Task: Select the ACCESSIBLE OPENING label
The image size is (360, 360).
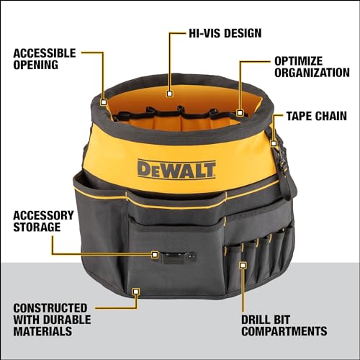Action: tap(45, 59)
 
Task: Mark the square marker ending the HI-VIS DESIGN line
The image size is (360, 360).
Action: tap(169, 92)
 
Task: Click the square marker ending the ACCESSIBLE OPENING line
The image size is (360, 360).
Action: tap(104, 102)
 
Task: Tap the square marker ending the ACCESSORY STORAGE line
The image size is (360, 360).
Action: tap(154, 254)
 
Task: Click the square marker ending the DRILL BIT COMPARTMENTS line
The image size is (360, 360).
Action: tap(243, 265)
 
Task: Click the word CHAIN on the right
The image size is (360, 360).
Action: tap(336, 116)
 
